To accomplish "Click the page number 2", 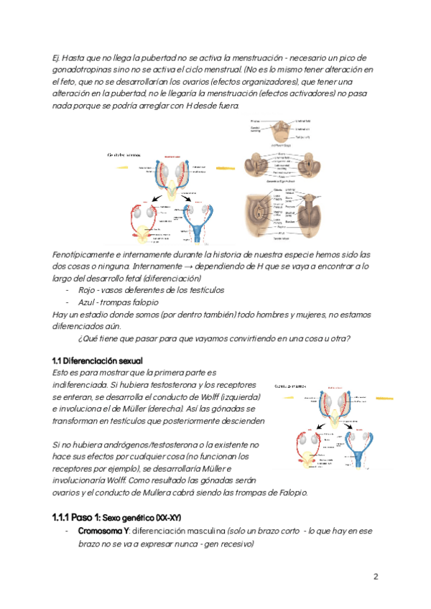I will pyautogui.click(x=376, y=577).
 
